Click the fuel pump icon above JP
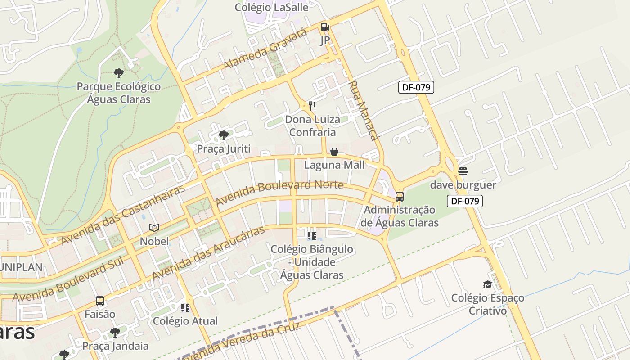325,27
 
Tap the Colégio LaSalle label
272,7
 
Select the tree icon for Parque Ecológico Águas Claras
119,73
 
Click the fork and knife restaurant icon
312,106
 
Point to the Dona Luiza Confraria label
312,126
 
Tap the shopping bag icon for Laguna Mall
334,152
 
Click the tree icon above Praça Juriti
223,135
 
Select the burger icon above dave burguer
463,171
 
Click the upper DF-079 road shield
416,87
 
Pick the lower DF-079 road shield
465,201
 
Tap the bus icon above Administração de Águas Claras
400,197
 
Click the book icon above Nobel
154,228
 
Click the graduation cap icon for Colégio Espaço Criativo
487,284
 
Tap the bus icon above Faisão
100,301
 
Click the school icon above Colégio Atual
185,308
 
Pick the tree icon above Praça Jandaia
115,333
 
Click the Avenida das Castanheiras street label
122,216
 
